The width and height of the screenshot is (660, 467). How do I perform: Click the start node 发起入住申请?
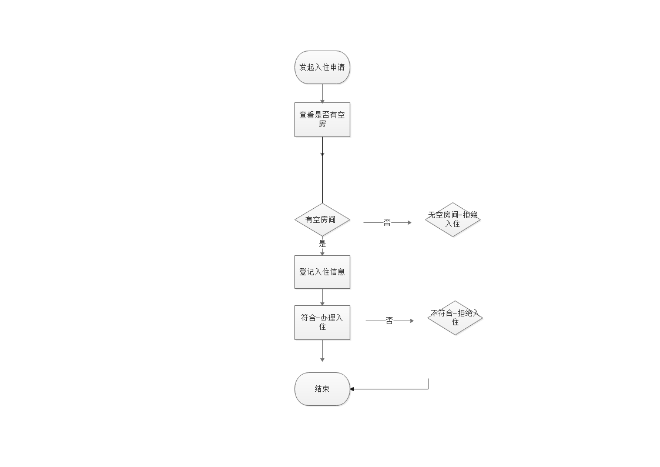click(322, 68)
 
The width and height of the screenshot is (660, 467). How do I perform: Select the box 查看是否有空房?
click(322, 120)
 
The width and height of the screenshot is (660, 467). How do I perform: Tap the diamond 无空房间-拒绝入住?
click(453, 220)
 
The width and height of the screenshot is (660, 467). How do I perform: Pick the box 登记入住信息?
click(322, 272)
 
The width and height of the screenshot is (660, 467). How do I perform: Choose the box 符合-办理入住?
click(322, 322)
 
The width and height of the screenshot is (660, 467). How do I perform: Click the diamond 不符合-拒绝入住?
click(455, 318)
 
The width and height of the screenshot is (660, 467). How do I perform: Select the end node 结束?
click(322, 389)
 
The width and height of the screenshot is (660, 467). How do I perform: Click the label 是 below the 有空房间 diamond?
click(322, 243)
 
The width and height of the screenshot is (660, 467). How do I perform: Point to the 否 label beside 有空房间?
click(387, 223)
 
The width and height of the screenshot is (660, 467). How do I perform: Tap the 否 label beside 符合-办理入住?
click(389, 321)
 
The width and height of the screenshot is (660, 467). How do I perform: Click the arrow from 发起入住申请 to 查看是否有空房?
click(322, 94)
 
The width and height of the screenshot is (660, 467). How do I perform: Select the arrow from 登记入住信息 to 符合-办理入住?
click(322, 297)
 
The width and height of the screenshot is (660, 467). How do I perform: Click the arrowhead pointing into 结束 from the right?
click(353, 389)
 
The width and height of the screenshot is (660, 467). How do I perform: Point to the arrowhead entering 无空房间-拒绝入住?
click(409, 223)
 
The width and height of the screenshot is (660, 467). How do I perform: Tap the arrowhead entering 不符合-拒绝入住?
click(412, 321)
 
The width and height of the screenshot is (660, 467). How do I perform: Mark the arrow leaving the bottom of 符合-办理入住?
click(322, 351)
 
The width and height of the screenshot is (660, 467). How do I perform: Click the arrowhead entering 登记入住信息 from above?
click(322, 252)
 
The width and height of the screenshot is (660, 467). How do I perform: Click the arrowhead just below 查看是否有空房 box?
click(322, 154)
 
